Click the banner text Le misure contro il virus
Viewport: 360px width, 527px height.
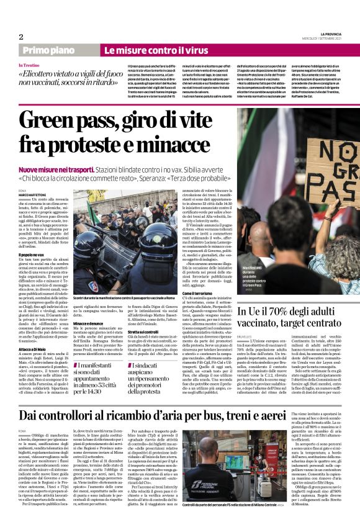click(x=156, y=50)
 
